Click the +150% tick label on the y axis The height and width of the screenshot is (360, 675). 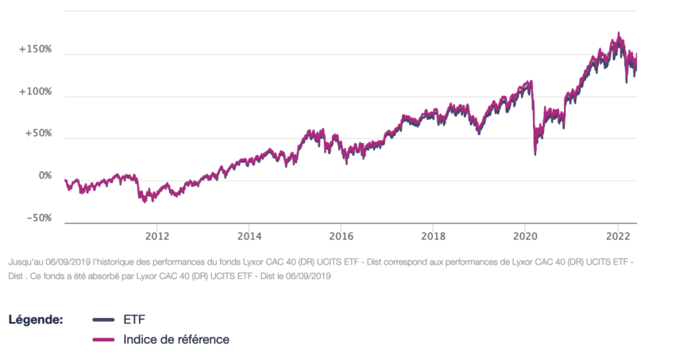point(35,49)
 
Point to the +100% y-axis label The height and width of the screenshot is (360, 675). point(35,91)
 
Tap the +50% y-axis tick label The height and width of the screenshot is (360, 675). point(37,134)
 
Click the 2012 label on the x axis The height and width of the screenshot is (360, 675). point(157,237)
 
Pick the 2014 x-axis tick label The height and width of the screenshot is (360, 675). point(249,237)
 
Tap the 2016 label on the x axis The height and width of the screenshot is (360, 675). point(341,237)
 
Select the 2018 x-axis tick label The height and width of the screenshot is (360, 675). point(434,237)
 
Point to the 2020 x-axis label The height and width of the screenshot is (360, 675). point(526,237)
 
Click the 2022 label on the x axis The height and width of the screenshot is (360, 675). point(618,237)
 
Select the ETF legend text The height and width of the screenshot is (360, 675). point(134,319)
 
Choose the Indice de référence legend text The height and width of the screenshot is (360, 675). point(176,339)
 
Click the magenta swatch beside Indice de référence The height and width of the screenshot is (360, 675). point(104,340)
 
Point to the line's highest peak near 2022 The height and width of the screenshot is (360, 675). point(619,34)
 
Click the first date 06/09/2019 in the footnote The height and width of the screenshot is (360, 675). point(71,260)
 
